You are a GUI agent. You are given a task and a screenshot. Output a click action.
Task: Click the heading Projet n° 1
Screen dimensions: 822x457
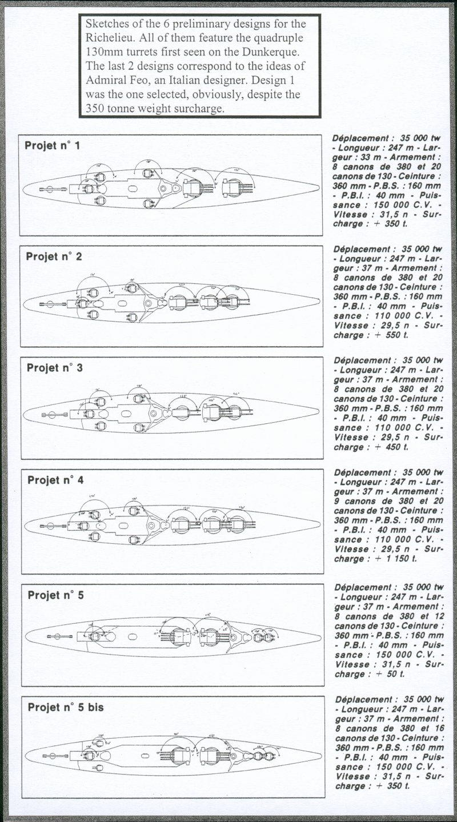click(x=52, y=146)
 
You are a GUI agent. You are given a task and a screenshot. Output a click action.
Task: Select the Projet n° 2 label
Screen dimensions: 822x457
click(x=54, y=256)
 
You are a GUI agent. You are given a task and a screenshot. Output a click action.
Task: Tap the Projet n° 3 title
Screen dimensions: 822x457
click(x=55, y=368)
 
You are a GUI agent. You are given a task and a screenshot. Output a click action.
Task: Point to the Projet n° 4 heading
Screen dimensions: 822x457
click(x=55, y=480)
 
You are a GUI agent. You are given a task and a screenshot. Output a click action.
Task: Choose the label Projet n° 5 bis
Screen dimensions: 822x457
click(x=65, y=707)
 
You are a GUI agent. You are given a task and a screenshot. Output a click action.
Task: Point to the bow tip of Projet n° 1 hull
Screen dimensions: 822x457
click(x=319, y=185)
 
